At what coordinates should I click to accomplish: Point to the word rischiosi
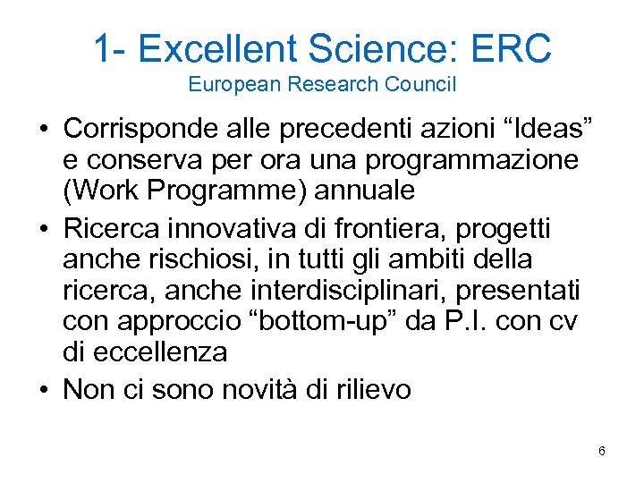point(201,259)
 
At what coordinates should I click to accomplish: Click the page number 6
point(602,451)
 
